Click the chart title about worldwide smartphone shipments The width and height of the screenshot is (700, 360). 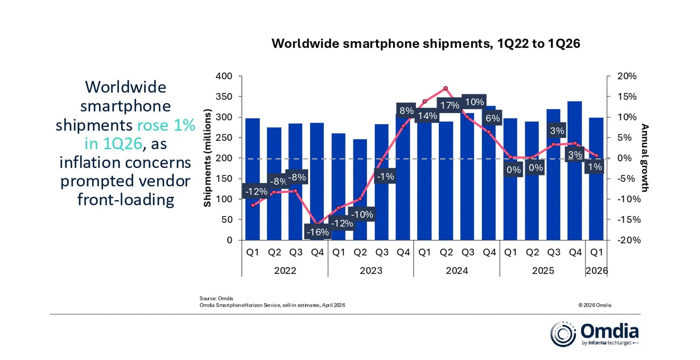pos(426,44)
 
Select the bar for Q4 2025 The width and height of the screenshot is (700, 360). pos(574,171)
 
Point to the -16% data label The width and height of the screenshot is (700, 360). pos(317,232)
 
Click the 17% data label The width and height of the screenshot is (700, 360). pos(450,105)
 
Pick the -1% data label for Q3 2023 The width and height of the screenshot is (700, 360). pos(385,176)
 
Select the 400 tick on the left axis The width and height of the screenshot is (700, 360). pos(225,76)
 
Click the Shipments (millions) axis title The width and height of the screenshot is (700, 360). pos(208,158)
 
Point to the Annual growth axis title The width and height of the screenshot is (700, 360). pos(645,158)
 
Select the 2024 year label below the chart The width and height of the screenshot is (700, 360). pos(457,271)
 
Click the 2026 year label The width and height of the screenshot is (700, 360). pos(596,271)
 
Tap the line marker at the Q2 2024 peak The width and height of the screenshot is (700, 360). pos(446,89)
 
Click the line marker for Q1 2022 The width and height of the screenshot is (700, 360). pos(253,205)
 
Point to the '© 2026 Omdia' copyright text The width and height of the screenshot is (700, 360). pos(595,305)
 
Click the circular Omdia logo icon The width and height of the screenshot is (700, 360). pos(563,334)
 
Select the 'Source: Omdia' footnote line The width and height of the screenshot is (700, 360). pos(216,299)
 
